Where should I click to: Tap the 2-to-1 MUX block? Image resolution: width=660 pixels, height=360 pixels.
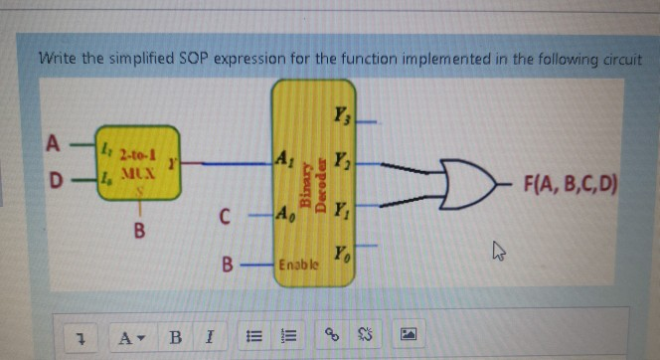(137, 164)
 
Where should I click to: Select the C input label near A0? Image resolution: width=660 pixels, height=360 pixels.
(226, 215)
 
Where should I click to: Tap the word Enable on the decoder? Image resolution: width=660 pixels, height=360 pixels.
(298, 267)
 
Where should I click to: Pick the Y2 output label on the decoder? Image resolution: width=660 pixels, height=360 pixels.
(342, 158)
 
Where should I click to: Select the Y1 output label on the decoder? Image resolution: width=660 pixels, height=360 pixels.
(341, 210)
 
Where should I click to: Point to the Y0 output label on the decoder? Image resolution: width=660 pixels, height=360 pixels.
(342, 255)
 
